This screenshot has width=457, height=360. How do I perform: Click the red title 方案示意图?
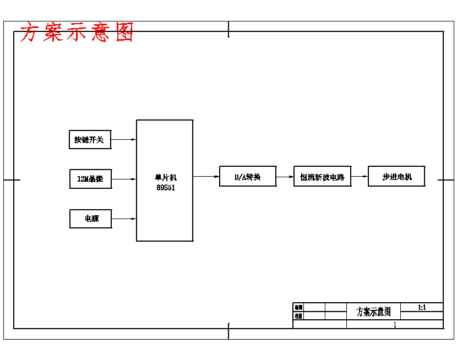77,33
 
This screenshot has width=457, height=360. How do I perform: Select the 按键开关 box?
90,140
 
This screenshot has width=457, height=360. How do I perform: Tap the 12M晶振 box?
90,179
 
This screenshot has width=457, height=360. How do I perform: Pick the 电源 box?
91,219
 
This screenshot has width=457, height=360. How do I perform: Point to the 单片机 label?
165,177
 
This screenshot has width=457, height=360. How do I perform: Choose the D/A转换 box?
247,177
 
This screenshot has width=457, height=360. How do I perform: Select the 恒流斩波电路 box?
322,177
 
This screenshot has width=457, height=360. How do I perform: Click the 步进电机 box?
396,177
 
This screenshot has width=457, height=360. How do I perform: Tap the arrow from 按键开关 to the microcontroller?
124,140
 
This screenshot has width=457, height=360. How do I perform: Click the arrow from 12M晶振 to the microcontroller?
124,179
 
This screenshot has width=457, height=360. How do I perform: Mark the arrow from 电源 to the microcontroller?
124,219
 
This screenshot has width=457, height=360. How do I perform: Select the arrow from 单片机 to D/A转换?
206,177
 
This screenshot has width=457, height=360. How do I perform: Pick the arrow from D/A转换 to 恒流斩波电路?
285,177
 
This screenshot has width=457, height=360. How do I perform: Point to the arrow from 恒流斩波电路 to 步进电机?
360,177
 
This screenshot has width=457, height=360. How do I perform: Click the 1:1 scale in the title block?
422,308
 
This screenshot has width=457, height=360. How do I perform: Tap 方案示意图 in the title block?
373,312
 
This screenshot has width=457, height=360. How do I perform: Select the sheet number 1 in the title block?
395,325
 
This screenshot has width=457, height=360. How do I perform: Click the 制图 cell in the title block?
298,308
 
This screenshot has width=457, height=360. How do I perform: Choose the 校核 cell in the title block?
298,316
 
